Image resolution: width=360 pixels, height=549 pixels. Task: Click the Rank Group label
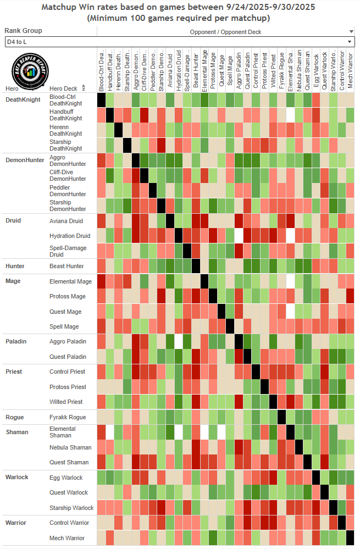coord(23,31)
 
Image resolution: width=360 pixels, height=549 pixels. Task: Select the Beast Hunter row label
coord(67,266)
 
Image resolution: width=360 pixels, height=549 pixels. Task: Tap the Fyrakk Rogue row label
coord(68,417)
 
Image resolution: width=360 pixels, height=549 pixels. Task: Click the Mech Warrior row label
coord(67,538)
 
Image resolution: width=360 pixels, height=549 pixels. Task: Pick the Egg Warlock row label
coord(66,478)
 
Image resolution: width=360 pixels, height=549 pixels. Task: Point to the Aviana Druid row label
coord(67,220)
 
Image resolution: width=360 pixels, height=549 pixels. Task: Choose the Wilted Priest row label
coord(66,402)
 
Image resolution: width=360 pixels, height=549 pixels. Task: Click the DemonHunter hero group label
coord(24,160)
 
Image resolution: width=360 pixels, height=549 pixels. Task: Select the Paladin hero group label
coord(17,341)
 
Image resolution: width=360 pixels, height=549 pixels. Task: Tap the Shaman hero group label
coord(17,432)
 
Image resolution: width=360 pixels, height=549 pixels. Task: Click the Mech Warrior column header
coord(350,70)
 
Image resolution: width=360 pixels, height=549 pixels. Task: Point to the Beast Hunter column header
coord(196,70)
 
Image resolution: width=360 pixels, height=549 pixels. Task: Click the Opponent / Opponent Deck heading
coord(226,32)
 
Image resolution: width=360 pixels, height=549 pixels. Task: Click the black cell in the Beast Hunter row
coord(196,266)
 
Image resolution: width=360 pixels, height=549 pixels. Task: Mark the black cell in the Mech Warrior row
coord(350,538)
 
